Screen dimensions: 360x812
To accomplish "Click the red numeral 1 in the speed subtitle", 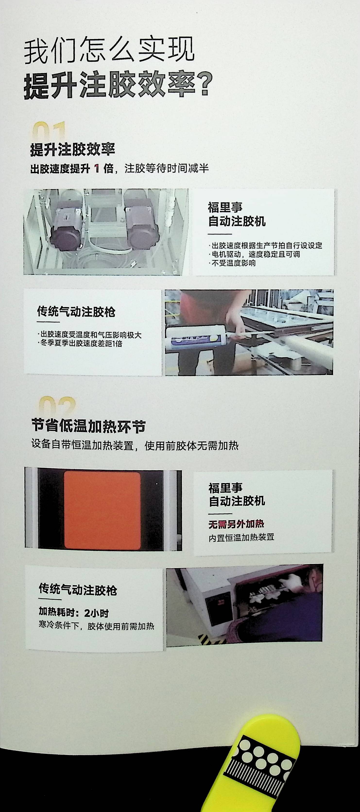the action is click(x=97, y=169).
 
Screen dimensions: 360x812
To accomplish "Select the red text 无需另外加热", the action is click(x=236, y=524).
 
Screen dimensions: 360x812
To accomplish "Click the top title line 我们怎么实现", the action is click(x=109, y=51).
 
